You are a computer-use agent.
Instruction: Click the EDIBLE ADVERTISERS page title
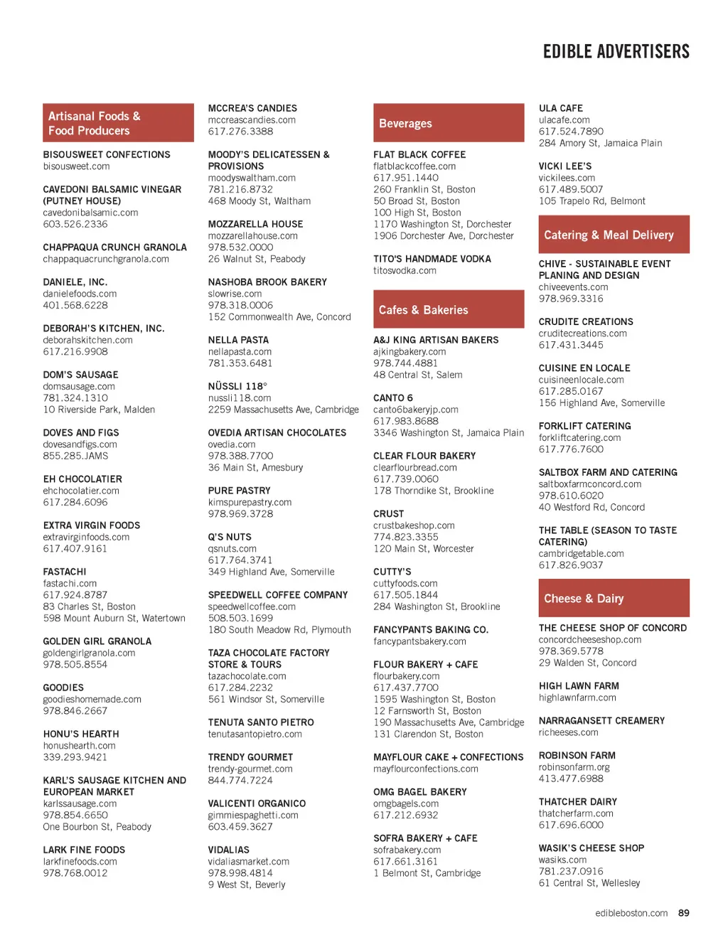click(616, 52)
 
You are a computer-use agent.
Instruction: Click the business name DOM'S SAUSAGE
click(80, 375)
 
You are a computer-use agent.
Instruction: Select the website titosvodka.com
click(405, 271)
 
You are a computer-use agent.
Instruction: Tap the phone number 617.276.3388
click(240, 132)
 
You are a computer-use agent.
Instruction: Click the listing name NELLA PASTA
click(238, 340)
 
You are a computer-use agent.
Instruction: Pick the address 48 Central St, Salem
click(417, 375)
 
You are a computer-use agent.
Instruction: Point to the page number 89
click(683, 913)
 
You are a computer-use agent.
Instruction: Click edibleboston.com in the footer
click(631, 913)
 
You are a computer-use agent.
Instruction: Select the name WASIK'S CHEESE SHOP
click(591, 848)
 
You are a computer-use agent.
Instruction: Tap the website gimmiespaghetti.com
click(252, 815)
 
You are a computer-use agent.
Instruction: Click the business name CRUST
click(388, 514)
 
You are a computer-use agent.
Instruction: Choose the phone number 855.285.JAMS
click(75, 456)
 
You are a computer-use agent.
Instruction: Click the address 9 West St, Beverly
click(246, 885)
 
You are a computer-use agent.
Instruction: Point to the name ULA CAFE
click(560, 108)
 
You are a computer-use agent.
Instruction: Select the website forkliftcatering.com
click(579, 437)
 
